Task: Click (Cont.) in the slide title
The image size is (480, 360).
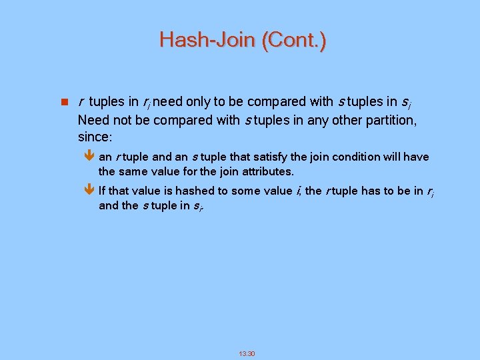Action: tap(294, 41)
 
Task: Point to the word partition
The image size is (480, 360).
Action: tap(387, 120)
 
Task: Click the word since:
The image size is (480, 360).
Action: tap(95, 137)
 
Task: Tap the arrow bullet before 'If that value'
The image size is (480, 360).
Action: tap(91, 191)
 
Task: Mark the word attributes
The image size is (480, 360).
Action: tap(265, 172)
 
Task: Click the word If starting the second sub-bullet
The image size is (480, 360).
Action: tap(102, 191)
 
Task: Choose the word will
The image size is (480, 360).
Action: tap(391, 157)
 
